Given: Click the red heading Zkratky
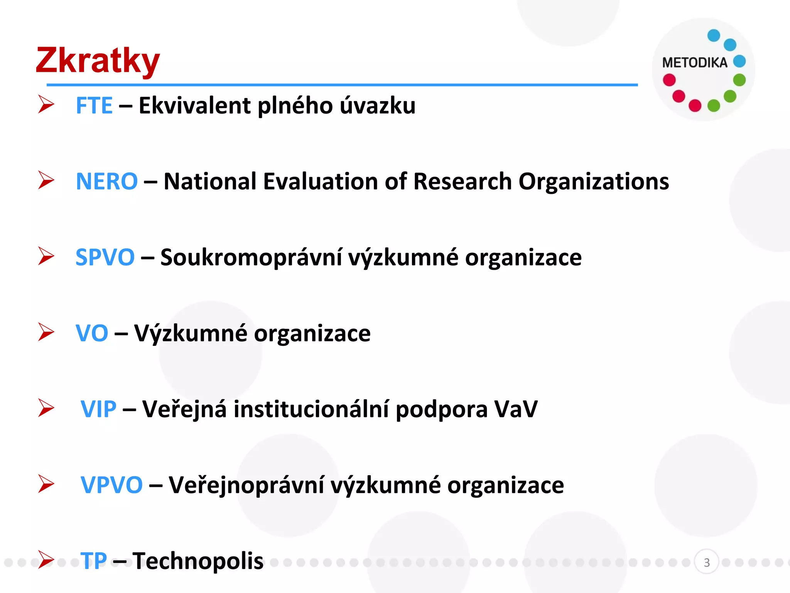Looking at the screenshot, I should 98,61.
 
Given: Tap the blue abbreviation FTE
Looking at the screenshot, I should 94,105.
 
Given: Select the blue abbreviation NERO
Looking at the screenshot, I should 106,181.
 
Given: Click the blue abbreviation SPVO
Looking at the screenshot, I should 105,257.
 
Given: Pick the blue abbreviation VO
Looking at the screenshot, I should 92,333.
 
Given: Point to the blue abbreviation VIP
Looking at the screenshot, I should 98,409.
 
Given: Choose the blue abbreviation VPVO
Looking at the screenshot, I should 111,485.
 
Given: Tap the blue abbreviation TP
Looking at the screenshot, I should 94,561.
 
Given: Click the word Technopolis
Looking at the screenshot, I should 198,561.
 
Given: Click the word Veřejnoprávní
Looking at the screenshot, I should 246,485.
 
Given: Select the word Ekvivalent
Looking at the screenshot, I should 194,105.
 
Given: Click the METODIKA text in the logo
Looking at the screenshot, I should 695,63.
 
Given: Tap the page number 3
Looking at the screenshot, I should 707,563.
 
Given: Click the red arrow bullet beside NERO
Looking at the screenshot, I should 46,180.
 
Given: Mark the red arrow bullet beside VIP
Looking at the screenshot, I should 46,408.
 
